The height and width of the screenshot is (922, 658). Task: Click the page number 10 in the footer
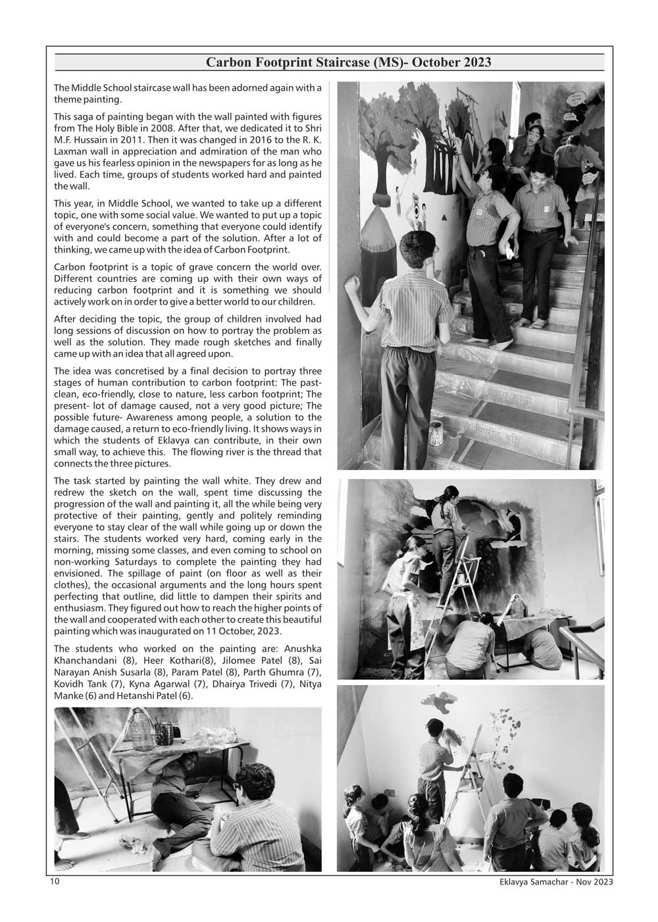(x=54, y=881)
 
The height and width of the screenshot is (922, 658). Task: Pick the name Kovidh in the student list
(x=68, y=684)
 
